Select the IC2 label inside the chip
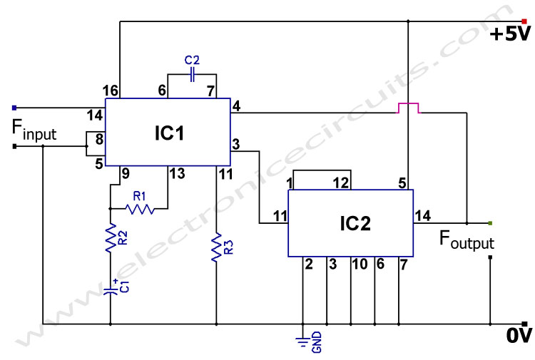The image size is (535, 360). click(x=355, y=223)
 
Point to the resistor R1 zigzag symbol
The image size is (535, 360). click(x=140, y=209)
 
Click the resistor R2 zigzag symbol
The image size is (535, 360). click(x=111, y=240)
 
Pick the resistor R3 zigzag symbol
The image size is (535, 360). click(x=215, y=249)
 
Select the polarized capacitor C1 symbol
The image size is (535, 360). click(x=111, y=290)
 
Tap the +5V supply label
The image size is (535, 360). click(x=511, y=34)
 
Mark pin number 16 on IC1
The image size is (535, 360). click(x=110, y=91)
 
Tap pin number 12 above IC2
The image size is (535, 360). click(x=342, y=183)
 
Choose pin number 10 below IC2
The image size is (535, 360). click(x=359, y=264)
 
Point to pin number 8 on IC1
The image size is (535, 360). click(x=98, y=139)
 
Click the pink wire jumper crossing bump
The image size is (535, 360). click(x=408, y=108)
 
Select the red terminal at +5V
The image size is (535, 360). click(x=524, y=21)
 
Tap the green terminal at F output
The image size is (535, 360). click(x=490, y=222)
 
